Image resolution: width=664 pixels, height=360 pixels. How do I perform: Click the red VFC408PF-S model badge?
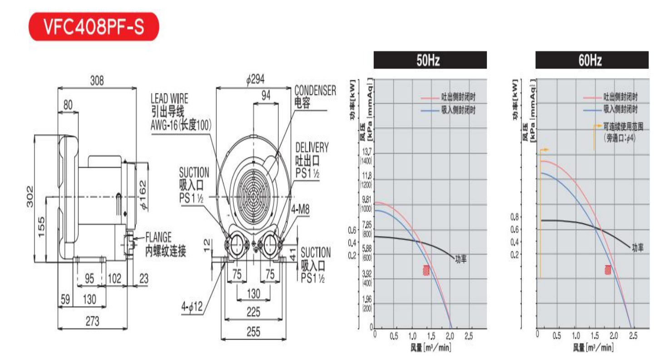click(x=94, y=27)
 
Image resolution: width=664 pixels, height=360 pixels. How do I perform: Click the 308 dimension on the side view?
click(x=96, y=80)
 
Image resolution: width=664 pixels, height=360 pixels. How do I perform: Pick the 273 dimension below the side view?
click(x=92, y=321)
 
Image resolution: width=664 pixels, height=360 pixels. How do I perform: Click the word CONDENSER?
click(x=315, y=90)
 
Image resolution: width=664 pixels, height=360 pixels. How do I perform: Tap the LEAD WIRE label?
click(x=169, y=98)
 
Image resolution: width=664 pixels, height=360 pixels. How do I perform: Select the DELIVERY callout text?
click(x=312, y=148)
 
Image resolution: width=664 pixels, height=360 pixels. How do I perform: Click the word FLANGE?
click(x=159, y=237)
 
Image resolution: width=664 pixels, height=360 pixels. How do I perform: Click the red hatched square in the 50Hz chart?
click(x=426, y=271)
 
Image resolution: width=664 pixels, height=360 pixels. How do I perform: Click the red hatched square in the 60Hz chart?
click(x=608, y=270)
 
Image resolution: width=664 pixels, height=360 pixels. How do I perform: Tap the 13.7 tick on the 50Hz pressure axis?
click(x=366, y=151)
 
